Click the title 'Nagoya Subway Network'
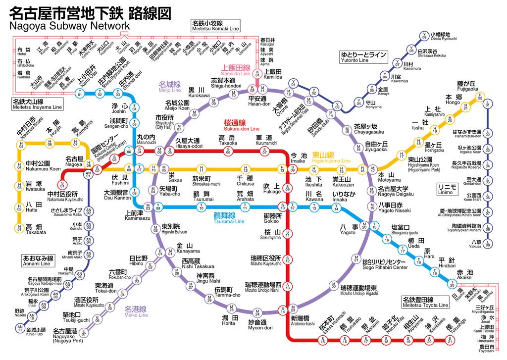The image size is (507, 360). point(69,26)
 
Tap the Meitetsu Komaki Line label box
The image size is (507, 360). point(215,26)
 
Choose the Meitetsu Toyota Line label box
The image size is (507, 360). point(424,302)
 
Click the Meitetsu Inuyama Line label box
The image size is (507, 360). point(38,104)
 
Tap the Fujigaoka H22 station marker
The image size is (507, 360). point(479,98)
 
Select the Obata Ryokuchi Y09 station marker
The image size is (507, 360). point(424,36)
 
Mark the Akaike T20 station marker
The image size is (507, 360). point(452,284)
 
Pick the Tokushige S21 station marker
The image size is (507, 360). point(450,341)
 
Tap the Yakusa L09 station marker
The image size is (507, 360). point(488,244)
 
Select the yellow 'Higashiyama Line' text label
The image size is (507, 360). point(331,158)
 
